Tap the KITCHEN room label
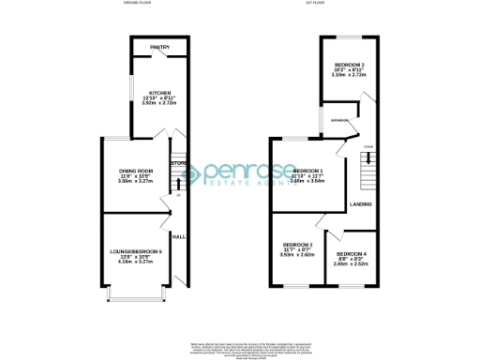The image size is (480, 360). [156, 92]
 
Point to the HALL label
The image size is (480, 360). [178, 237]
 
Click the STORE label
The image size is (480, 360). [178, 164]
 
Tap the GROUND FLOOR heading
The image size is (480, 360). [137, 4]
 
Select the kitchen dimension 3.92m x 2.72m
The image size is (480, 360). [156, 103]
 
